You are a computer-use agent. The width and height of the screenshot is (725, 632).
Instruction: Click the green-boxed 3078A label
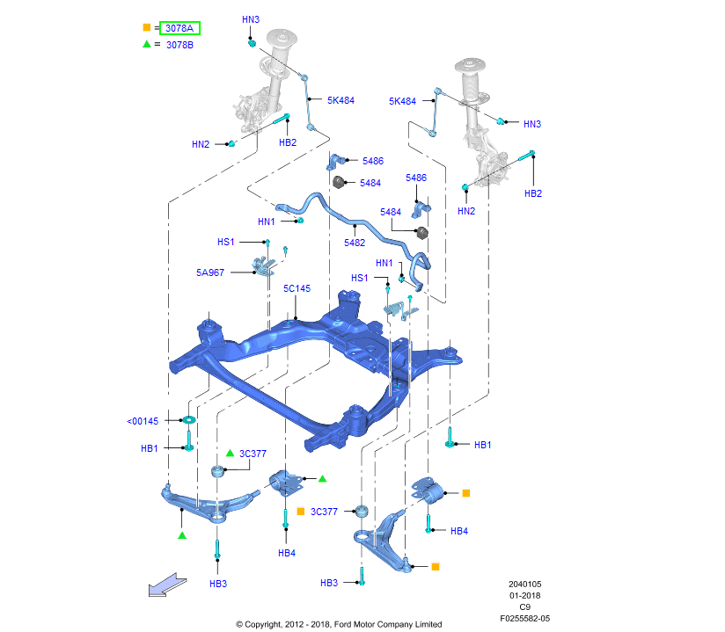point(179,28)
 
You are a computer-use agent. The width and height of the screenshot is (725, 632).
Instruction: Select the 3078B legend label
point(179,45)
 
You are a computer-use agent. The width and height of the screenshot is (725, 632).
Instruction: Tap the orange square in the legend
point(146,28)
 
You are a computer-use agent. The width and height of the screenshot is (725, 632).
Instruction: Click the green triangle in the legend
point(146,44)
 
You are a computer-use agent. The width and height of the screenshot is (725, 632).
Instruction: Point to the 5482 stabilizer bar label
point(355,243)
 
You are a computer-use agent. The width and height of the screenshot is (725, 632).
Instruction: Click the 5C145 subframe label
point(297,288)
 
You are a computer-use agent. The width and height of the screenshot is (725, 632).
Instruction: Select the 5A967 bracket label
point(210,272)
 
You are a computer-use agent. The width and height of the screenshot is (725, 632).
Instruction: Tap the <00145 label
point(143,421)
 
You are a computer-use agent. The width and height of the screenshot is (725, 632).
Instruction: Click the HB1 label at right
point(482,445)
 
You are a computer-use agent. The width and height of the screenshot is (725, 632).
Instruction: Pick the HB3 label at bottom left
point(218,584)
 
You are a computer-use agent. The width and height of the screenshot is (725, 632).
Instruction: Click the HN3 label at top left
point(251,19)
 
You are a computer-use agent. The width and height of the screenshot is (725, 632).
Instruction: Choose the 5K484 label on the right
point(402,101)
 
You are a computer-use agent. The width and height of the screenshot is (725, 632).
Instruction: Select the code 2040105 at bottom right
point(524,584)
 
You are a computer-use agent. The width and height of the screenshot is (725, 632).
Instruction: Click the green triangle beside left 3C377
point(230,453)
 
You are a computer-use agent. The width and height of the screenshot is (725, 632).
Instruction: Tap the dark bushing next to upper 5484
point(339,182)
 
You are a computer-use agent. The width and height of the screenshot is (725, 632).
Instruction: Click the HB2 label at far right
point(533,193)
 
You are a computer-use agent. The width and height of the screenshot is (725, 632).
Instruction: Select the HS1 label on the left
point(226,242)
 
